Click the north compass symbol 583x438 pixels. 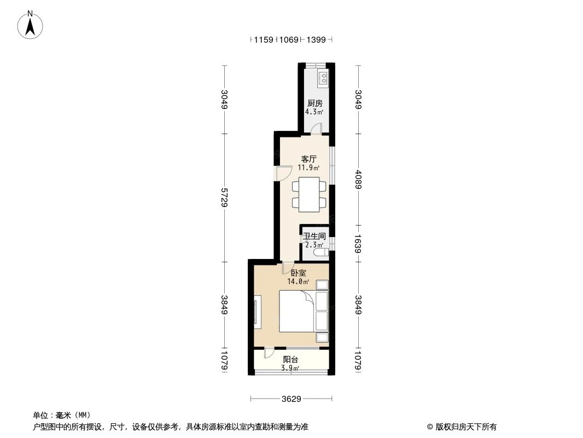(x=31, y=25)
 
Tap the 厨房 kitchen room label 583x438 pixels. (x=314, y=103)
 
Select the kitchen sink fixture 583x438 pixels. (x=323, y=79)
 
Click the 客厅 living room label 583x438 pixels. (x=305, y=159)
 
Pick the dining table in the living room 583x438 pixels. (x=310, y=194)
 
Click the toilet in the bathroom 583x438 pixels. (x=323, y=252)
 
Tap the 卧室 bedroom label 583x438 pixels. (x=298, y=273)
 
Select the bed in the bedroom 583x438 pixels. (x=298, y=311)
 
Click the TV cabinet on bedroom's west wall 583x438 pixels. (x=258, y=313)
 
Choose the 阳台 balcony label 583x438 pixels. (x=290, y=360)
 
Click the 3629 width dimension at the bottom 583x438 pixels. (x=291, y=399)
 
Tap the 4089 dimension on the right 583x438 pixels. (x=358, y=179)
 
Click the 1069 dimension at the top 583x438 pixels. (x=288, y=39)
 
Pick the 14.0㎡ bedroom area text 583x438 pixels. (x=298, y=282)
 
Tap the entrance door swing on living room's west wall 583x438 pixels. (x=282, y=173)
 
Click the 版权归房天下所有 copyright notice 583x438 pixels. (x=462, y=427)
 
